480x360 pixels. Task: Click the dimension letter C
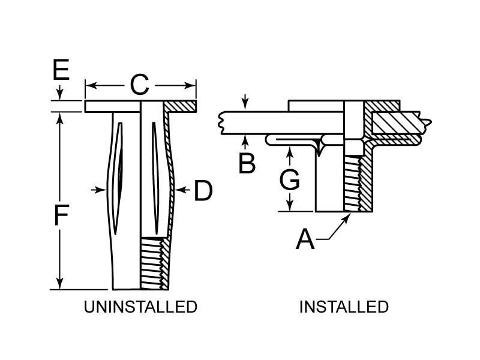pyautogui.click(x=139, y=85)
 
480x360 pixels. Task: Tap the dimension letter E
pyautogui.click(x=61, y=70)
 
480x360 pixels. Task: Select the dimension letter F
pyautogui.click(x=61, y=215)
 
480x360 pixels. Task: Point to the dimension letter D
pyautogui.click(x=203, y=191)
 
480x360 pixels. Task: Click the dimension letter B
pyautogui.click(x=247, y=163)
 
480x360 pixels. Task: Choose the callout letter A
pyautogui.click(x=305, y=240)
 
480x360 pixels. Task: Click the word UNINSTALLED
pyautogui.click(x=140, y=307)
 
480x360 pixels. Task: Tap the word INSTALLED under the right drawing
pyautogui.click(x=344, y=307)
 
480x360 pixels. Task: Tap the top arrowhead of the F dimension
pyautogui.click(x=60, y=116)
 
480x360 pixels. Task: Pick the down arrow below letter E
pyautogui.click(x=60, y=95)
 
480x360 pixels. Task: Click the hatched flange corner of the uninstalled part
pyautogui.click(x=181, y=106)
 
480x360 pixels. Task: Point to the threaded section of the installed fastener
pyautogui.click(x=353, y=183)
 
